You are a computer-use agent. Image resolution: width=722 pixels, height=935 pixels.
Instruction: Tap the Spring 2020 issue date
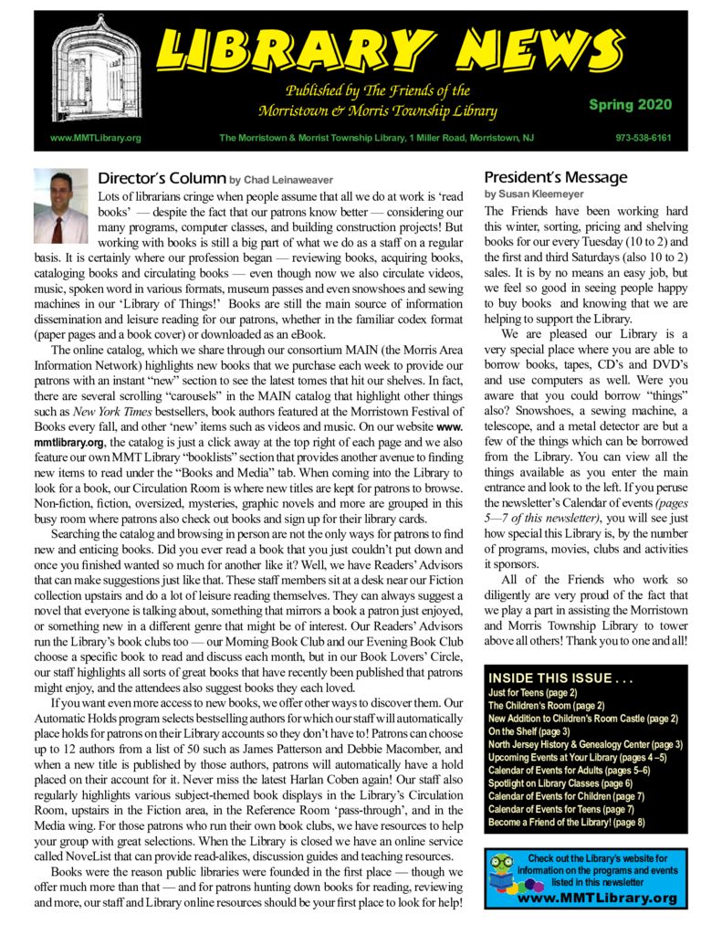tap(625, 105)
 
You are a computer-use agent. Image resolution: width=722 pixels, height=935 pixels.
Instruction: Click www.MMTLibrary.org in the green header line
tap(89, 139)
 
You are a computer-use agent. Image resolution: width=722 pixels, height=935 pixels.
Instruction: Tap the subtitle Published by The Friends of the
tap(378, 91)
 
